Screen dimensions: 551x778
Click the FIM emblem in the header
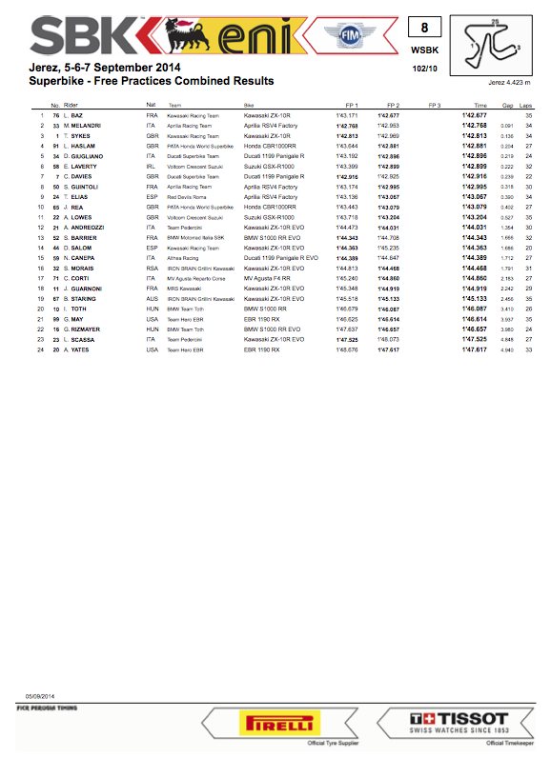coord(345,35)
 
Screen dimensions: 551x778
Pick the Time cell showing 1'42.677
coord(475,115)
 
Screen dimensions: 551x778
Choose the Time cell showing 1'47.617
coord(475,349)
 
